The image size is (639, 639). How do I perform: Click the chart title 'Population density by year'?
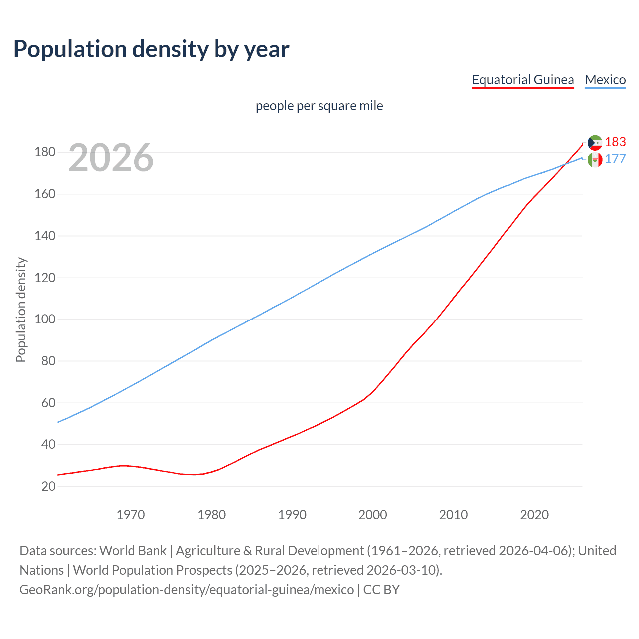[x=151, y=49]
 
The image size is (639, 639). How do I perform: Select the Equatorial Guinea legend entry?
[x=523, y=80]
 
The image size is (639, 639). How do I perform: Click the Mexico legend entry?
[x=605, y=80]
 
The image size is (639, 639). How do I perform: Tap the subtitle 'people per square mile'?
[x=319, y=106]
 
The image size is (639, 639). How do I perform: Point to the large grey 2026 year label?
[x=111, y=158]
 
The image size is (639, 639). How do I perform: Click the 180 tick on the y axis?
[x=45, y=152]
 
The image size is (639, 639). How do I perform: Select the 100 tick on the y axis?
[x=45, y=319]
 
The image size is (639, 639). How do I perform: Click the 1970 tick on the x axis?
[x=131, y=515]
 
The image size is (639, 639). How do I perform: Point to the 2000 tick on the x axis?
[x=373, y=515]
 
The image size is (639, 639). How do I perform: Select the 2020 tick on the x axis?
[x=534, y=515]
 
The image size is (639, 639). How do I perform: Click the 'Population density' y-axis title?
[x=21, y=310]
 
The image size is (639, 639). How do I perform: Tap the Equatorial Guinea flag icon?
[x=595, y=143]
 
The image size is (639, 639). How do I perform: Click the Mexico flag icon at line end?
[x=595, y=160]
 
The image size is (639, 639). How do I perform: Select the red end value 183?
[x=615, y=142]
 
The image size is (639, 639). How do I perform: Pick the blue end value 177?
[x=615, y=159]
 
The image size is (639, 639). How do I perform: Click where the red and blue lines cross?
[x=566, y=164]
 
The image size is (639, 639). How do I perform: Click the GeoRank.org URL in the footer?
[x=187, y=590]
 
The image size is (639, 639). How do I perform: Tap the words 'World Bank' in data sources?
[x=133, y=551]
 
